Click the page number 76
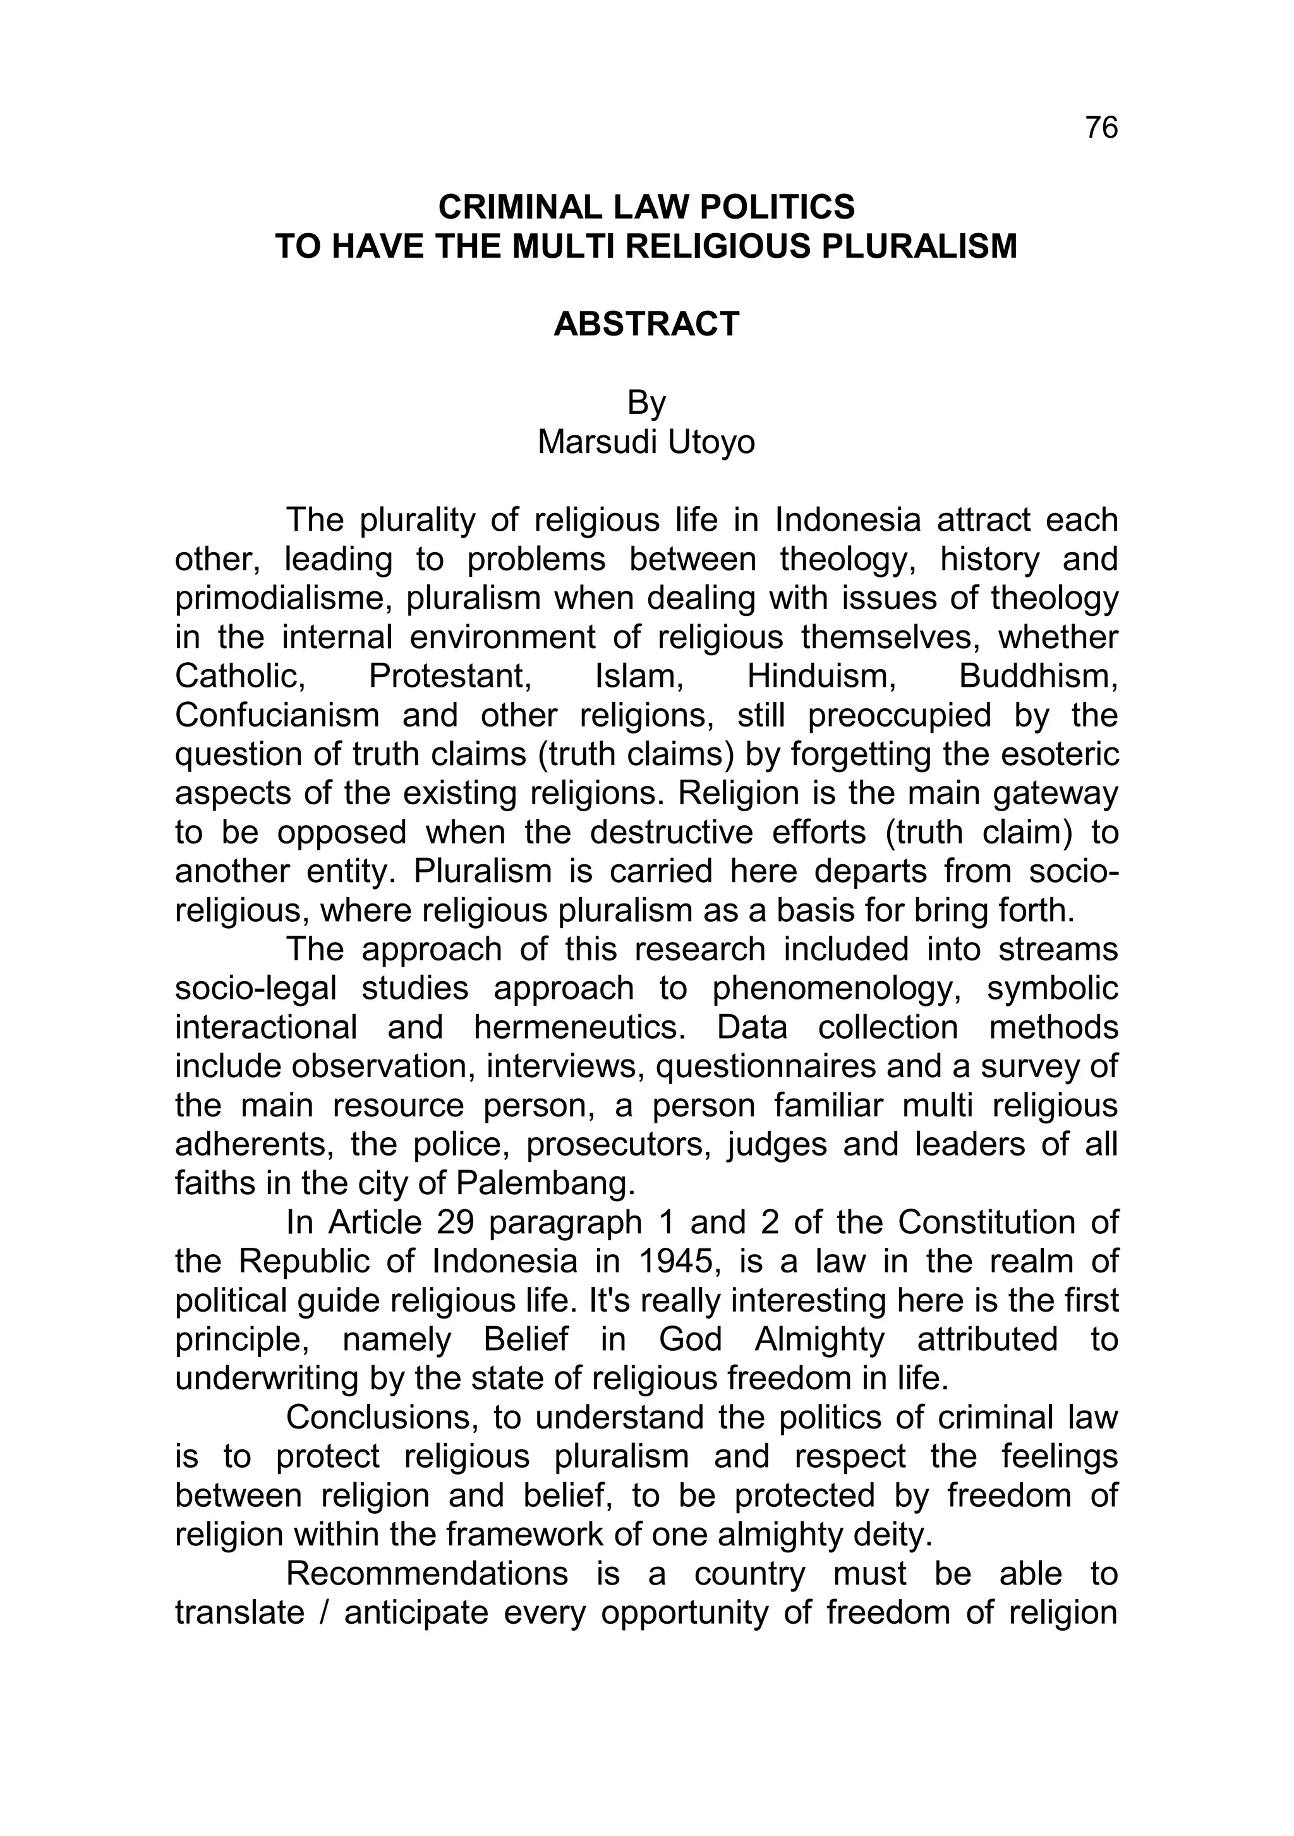coord(1101,128)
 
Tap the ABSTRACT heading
coord(646,325)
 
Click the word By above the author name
coord(646,403)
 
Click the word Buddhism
coord(1037,677)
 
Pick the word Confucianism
coord(277,715)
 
